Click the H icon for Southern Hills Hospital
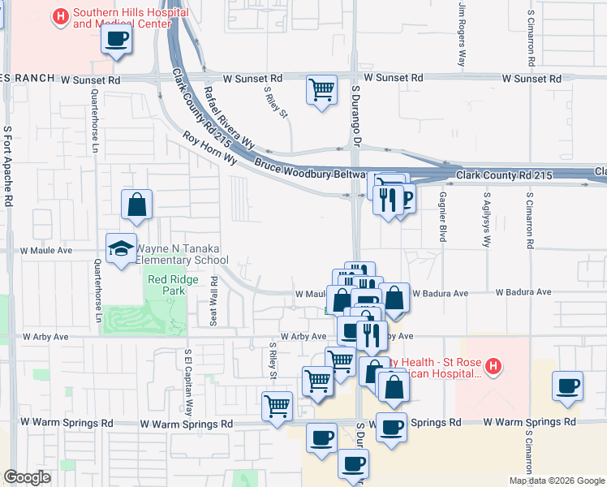pos(60,16)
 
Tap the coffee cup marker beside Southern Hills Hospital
pos(117,39)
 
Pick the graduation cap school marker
pos(121,248)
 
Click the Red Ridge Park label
pos(167,284)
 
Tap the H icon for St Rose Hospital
pos(493,368)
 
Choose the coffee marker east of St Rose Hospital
pos(567,386)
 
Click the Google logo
pos(27,477)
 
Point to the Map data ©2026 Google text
pos(555,481)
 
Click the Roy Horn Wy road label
pos(209,149)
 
